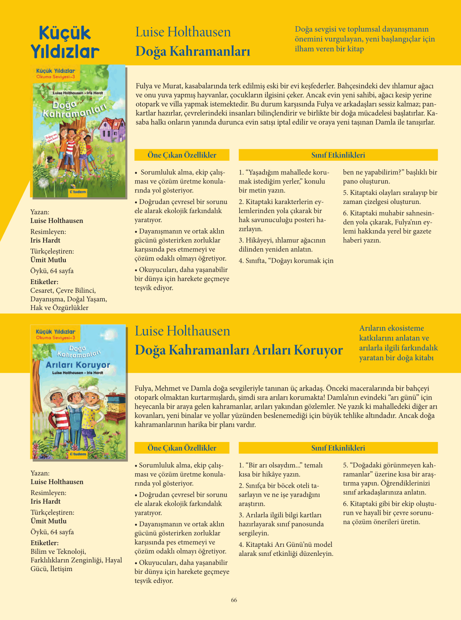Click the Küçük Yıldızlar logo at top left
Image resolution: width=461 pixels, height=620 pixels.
coord(65,42)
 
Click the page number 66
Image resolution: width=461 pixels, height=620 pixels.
coord(234,600)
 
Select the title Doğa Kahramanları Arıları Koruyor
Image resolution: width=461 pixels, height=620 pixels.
coord(239,350)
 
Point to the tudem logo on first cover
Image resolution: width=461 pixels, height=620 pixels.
coord(78,192)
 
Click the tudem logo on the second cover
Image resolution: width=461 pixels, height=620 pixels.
coord(78,454)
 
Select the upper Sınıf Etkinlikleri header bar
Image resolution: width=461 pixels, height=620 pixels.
coord(338,155)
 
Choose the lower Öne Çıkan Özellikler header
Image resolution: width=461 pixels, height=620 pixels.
coord(182,448)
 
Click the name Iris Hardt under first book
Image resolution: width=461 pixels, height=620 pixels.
coord(45,240)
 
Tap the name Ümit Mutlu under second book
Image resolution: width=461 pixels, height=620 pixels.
coord(48,521)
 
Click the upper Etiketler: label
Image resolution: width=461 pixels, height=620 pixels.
coord(44,282)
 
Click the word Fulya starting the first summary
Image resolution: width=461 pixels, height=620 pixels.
coord(144,86)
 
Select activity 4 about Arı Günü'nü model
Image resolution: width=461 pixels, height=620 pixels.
coord(286,549)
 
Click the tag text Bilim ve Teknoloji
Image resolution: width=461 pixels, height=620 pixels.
coord(58,551)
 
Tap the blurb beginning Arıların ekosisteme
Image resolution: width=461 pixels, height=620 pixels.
coord(398,342)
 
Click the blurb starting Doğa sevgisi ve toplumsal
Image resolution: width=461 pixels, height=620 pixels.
coord(364,39)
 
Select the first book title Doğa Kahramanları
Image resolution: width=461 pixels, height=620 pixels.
coord(193,51)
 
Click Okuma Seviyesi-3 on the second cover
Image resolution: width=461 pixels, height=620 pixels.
coord(55,338)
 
